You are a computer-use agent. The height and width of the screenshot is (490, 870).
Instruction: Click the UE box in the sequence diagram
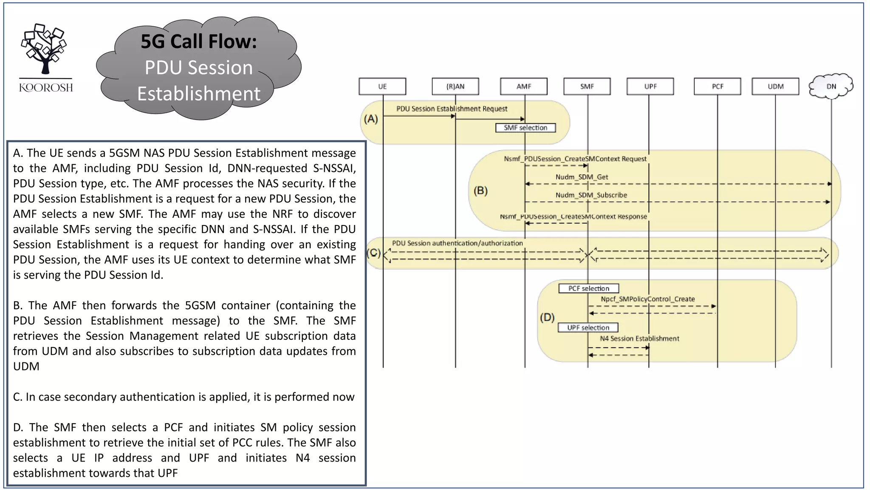pyautogui.click(x=382, y=86)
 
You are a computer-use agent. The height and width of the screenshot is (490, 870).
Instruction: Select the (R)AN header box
pyautogui.click(x=455, y=86)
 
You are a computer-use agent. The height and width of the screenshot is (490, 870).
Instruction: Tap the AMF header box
pyautogui.click(x=524, y=86)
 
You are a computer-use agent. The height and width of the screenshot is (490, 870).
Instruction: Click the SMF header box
pyautogui.click(x=587, y=86)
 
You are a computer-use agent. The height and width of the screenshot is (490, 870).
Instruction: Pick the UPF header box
pyautogui.click(x=650, y=86)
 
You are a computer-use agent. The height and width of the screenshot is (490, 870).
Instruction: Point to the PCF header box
pyautogui.click(x=717, y=86)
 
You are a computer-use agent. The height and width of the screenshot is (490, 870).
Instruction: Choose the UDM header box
pyautogui.click(x=775, y=86)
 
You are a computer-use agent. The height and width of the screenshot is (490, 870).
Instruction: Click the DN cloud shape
pyautogui.click(x=831, y=86)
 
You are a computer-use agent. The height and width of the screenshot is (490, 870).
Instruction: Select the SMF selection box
pyautogui.click(x=525, y=128)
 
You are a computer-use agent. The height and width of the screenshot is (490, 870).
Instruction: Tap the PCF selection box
pyautogui.click(x=589, y=288)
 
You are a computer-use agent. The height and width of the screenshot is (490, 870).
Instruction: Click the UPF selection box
pyautogui.click(x=588, y=328)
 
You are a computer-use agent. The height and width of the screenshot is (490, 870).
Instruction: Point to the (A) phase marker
pyautogui.click(x=371, y=119)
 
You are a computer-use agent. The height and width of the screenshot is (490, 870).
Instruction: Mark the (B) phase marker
pyautogui.click(x=480, y=191)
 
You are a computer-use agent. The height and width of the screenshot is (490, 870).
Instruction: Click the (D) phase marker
pyautogui.click(x=547, y=317)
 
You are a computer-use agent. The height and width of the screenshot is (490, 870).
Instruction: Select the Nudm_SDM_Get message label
pyautogui.click(x=582, y=177)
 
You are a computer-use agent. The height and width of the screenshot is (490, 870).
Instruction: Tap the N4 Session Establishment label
pyautogui.click(x=639, y=339)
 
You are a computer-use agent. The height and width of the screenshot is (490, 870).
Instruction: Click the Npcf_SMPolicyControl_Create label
pyautogui.click(x=648, y=299)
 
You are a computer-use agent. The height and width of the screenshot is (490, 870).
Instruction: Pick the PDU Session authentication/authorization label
pyautogui.click(x=457, y=243)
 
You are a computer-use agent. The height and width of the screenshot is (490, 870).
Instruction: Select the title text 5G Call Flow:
pyautogui.click(x=199, y=42)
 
